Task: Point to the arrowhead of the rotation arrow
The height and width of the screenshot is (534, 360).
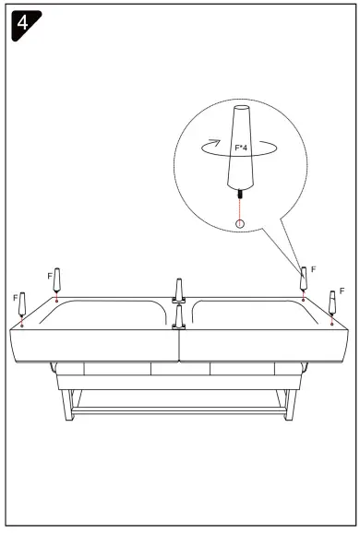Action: [215, 142]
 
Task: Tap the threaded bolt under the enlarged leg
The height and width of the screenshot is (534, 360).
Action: [241, 195]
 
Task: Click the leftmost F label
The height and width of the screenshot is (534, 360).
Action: [15, 299]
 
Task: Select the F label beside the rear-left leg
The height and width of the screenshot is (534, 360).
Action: [49, 275]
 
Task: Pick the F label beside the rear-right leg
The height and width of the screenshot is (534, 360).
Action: [314, 268]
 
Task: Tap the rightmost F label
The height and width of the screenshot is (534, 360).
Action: [342, 291]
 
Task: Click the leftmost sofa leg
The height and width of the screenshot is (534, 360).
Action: [24, 305]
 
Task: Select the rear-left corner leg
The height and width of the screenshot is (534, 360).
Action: [58, 279]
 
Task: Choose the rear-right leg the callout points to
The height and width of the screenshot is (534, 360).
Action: [303, 277]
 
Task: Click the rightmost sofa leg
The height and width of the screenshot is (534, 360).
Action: [332, 302]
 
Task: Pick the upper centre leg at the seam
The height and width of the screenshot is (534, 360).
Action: [179, 289]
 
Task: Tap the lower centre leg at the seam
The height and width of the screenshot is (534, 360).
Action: [179, 316]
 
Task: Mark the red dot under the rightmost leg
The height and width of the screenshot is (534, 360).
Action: [332, 323]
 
